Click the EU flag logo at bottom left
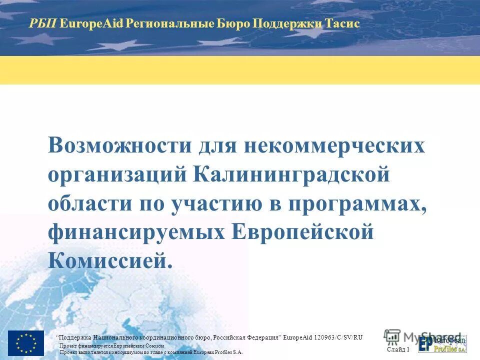click(x=26, y=343)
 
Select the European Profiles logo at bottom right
click(x=443, y=343)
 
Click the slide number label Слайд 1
click(x=398, y=349)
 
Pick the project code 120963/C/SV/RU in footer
click(x=338, y=337)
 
